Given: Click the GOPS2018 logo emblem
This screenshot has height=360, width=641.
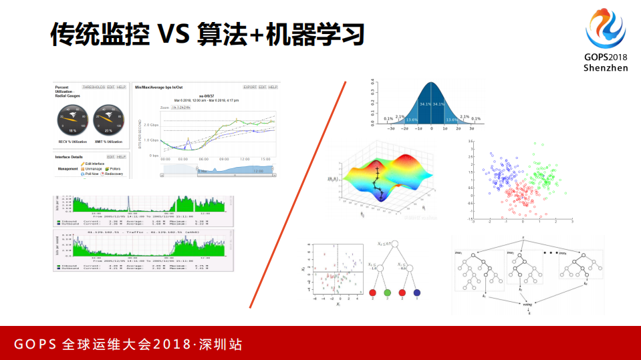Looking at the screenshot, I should tap(606, 30).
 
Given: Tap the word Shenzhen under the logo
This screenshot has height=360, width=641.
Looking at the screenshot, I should tap(606, 68).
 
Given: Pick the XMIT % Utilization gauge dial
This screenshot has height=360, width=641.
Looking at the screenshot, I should tap(108, 120).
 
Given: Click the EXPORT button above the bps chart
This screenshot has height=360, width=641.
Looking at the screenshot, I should tap(249, 87).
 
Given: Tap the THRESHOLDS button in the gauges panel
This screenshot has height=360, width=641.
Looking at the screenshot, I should tap(94, 87).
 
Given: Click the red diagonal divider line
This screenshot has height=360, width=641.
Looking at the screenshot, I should tap(298, 194).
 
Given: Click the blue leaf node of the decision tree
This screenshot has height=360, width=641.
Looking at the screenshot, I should tap(417, 293).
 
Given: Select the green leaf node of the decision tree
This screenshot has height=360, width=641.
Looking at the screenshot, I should tap(387, 293).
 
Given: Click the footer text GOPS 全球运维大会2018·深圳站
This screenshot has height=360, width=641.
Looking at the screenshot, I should tap(128, 345).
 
